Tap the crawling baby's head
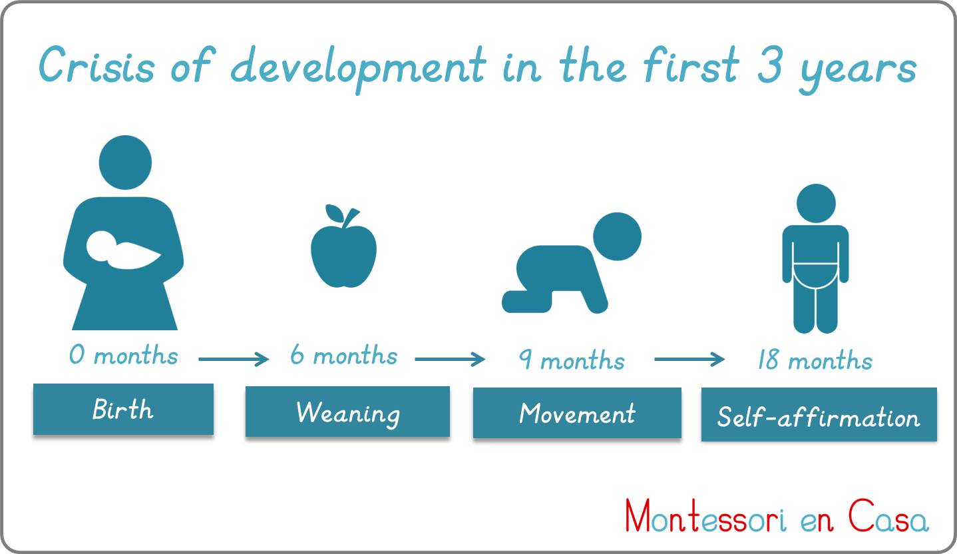(x=617, y=236)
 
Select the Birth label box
(x=124, y=409)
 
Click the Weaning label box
(x=348, y=412)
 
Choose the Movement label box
(x=577, y=413)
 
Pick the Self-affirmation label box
(x=819, y=415)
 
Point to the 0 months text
(x=124, y=355)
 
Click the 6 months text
(x=344, y=355)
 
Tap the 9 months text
(x=572, y=359)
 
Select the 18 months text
(x=815, y=359)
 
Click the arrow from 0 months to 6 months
(x=234, y=359)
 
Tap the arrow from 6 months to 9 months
(x=450, y=359)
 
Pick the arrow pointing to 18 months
(x=689, y=359)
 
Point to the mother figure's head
(x=125, y=162)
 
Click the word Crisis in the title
(x=96, y=65)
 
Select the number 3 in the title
(x=770, y=65)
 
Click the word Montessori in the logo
(x=705, y=516)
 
